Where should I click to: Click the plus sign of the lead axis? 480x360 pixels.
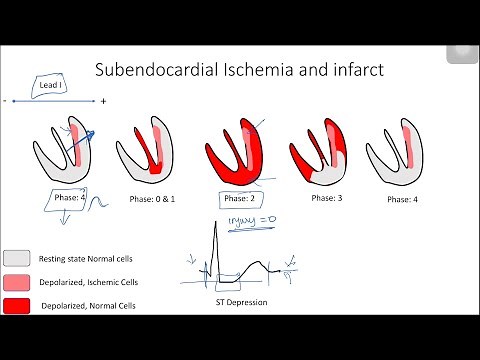(x=103, y=101)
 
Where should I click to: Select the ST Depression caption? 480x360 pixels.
(x=242, y=302)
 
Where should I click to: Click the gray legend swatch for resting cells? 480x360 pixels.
(x=16, y=259)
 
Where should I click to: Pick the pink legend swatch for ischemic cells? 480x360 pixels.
(x=16, y=281)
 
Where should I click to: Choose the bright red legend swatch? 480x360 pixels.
(x=16, y=304)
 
